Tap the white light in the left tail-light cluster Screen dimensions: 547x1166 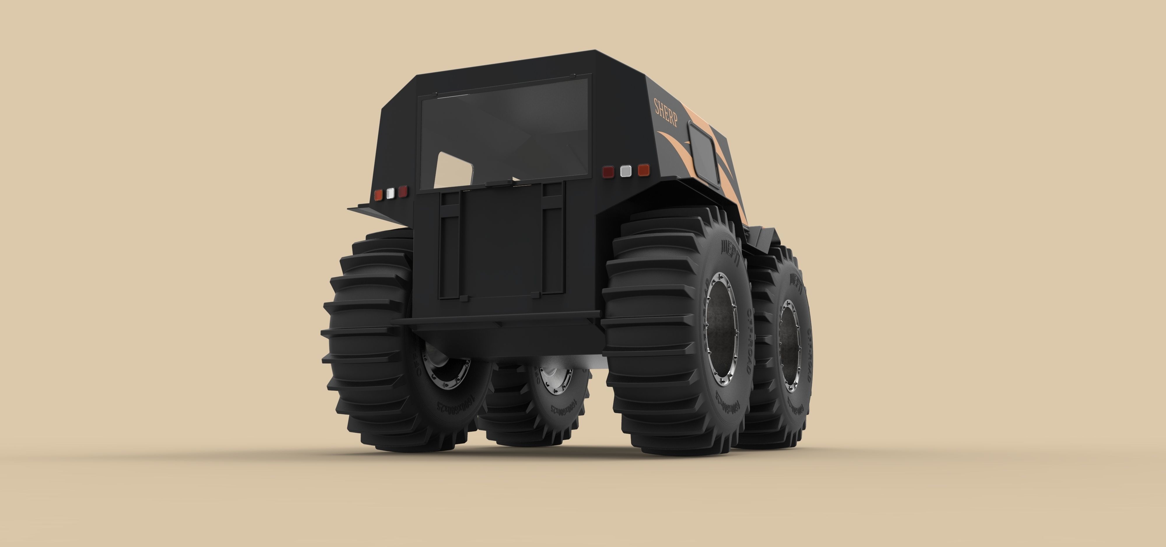(390, 193)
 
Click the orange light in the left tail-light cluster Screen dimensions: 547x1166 (378, 195)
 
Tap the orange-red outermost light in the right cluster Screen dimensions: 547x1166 (643, 170)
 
